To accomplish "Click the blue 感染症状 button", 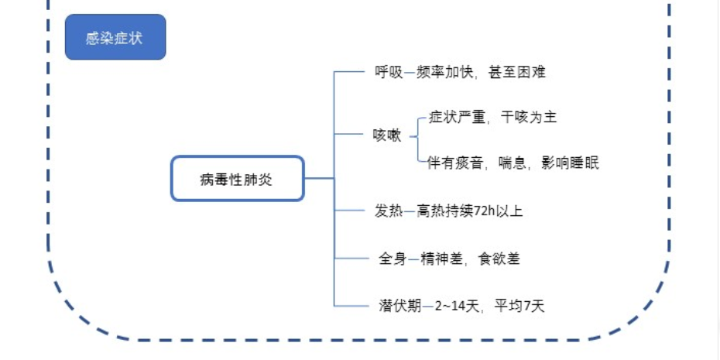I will (115, 37).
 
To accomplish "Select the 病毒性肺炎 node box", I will (237, 179).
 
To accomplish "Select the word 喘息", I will (513, 163).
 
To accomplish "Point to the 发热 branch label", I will (389, 210).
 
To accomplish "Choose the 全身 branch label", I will (393, 259).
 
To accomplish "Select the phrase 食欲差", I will (499, 259).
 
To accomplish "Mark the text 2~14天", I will (454, 306).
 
